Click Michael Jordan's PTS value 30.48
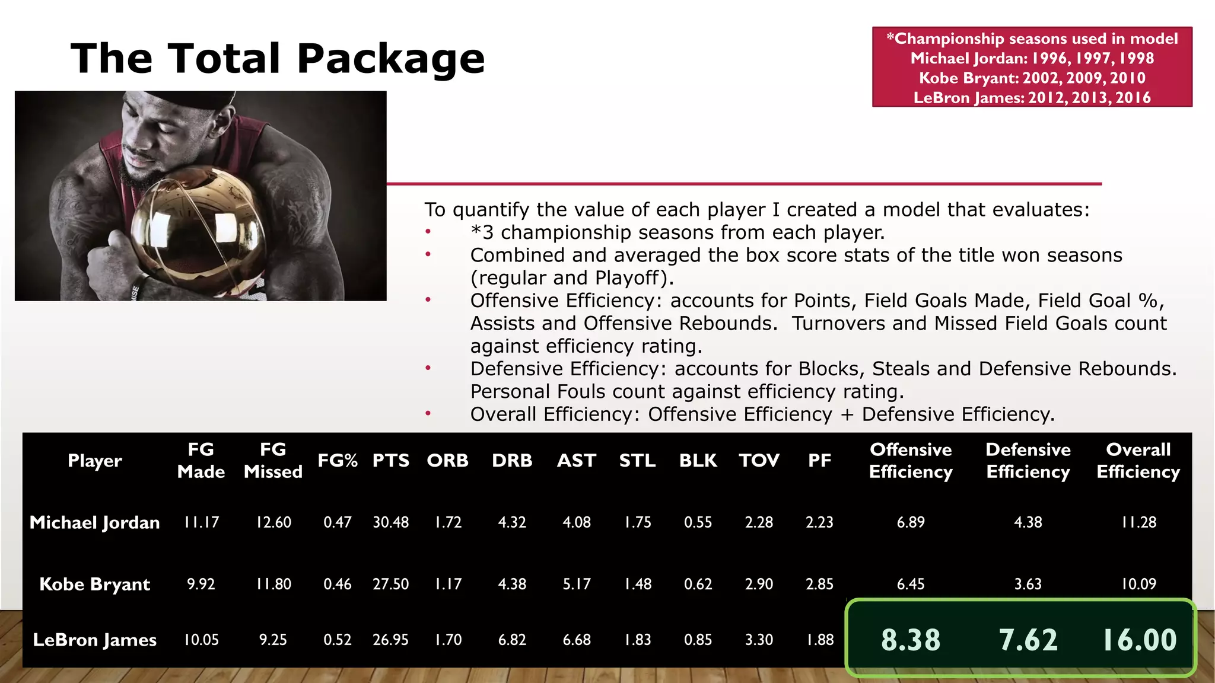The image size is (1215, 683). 390,522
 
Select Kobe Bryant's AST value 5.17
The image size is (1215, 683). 576,584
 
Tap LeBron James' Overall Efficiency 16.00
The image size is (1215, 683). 1138,640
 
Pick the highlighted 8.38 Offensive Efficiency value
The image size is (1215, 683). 911,640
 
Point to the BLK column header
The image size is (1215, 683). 698,461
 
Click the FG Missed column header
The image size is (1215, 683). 273,461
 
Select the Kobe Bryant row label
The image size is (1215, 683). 95,584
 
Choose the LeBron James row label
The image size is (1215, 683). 95,640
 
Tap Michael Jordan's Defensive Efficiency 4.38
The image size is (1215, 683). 1028,522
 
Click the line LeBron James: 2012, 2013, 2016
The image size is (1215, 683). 1032,97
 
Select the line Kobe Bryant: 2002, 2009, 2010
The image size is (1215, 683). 1032,78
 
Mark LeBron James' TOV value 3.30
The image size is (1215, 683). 759,640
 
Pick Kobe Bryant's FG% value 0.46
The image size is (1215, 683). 337,584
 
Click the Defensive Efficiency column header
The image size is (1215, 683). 1028,461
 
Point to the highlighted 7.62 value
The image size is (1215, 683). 1028,640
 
